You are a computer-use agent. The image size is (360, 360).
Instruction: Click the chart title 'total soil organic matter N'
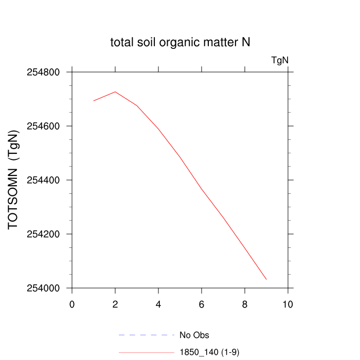pyautogui.click(x=180, y=42)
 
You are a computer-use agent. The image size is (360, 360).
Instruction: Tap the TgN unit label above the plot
pyautogui.click(x=280, y=60)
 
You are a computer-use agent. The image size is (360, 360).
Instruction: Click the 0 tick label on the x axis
pyautogui.click(x=72, y=304)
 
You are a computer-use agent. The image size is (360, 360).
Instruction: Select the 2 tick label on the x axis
pyautogui.click(x=115, y=304)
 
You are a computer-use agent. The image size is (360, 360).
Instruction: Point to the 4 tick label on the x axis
pyautogui.click(x=158, y=304)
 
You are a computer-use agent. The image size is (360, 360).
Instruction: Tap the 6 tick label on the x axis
pyautogui.click(x=202, y=304)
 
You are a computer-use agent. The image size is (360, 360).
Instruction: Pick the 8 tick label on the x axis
pyautogui.click(x=245, y=304)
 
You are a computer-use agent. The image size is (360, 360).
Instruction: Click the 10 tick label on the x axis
pyautogui.click(x=288, y=304)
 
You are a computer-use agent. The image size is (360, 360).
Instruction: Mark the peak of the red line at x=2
pyautogui.click(x=115, y=92)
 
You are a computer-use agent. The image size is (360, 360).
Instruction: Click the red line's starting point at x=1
pyautogui.click(x=94, y=101)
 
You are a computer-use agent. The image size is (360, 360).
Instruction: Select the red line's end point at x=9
pyautogui.click(x=266, y=279)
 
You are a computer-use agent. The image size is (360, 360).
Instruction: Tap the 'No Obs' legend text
pyautogui.click(x=194, y=335)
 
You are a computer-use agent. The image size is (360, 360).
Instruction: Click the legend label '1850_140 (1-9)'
pyautogui.click(x=209, y=352)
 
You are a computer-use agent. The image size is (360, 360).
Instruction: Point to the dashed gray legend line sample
pyautogui.click(x=147, y=335)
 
